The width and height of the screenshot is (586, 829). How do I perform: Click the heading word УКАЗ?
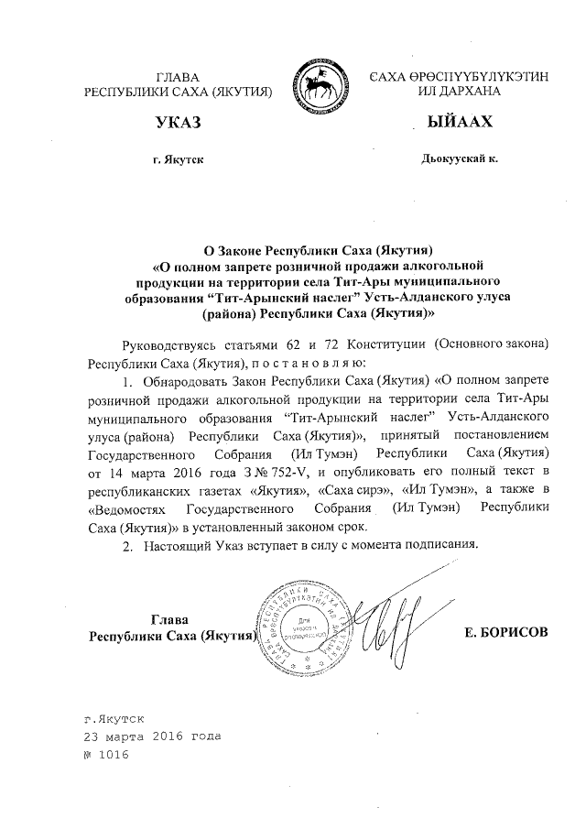(x=179, y=122)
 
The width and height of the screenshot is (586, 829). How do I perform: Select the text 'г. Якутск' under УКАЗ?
(x=178, y=159)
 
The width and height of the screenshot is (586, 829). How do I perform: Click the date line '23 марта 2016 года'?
(x=151, y=736)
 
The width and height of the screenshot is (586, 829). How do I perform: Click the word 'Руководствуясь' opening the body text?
(x=168, y=344)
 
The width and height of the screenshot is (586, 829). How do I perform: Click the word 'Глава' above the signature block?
(x=169, y=616)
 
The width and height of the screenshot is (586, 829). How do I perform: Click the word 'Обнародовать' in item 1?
(x=190, y=381)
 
